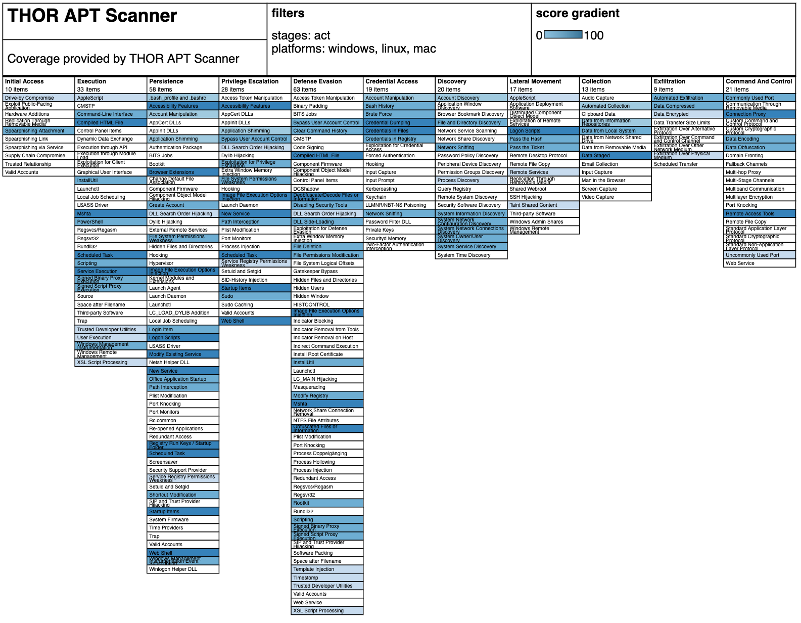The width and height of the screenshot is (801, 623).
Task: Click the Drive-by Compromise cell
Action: [38, 98]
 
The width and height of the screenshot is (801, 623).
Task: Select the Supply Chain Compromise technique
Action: [38, 156]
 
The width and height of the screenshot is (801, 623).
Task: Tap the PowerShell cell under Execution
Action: [111, 221]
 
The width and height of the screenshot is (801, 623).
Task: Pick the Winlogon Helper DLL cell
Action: [183, 569]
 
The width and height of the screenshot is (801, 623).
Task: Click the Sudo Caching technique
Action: [255, 304]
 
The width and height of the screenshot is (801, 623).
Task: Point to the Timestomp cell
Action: [327, 577]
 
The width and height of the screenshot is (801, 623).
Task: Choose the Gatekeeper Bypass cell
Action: [327, 272]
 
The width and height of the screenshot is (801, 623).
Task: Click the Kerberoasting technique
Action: [399, 189]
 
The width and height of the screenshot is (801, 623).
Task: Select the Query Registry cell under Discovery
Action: [471, 189]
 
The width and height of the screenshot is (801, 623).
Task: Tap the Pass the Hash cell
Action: [543, 139]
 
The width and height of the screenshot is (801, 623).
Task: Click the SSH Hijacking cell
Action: [543, 197]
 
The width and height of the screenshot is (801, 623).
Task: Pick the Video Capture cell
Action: [616, 197]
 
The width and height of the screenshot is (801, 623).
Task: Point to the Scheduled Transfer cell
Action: [687, 164]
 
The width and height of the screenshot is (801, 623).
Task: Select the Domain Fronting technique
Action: [760, 156]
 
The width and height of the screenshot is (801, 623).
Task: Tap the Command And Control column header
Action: [759, 81]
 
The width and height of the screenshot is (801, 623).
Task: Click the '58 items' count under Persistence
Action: [161, 90]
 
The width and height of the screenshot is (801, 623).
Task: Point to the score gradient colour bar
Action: [563, 35]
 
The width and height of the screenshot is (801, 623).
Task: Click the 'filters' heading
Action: [288, 14]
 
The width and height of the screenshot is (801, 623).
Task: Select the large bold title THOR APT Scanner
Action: [92, 16]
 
